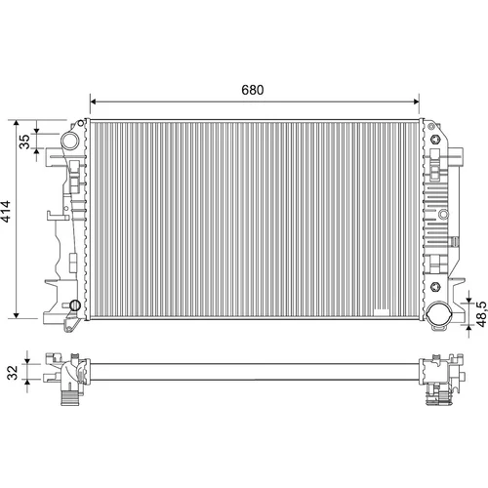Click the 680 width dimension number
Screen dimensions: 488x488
(x=253, y=90)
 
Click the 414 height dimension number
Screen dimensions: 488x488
(x=6, y=212)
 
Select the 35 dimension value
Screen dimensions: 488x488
(x=24, y=142)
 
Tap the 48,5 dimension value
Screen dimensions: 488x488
(x=482, y=314)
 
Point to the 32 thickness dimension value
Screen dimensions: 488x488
(x=14, y=373)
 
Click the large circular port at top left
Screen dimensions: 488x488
(x=70, y=141)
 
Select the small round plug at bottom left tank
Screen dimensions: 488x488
(x=75, y=305)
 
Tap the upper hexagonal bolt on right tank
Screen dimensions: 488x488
(x=434, y=140)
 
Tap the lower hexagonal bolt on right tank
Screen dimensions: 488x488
(x=435, y=287)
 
